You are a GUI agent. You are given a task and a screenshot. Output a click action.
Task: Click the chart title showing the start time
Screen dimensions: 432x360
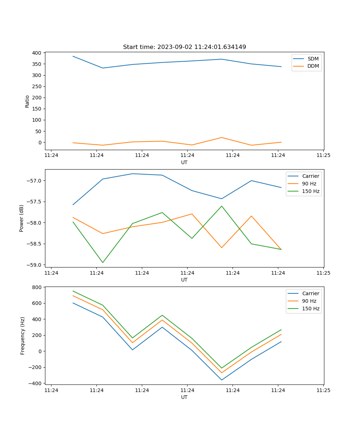point(184,47)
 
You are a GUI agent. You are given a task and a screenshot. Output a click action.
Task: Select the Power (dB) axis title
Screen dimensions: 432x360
point(22,218)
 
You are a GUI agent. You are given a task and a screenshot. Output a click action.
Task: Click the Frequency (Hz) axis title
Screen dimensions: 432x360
point(22,336)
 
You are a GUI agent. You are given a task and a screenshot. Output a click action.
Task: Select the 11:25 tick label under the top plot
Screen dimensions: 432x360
point(323,156)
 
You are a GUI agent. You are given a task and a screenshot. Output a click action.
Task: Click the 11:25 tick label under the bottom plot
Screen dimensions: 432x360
point(323,390)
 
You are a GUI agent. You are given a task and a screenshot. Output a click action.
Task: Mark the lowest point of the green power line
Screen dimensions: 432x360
point(103,262)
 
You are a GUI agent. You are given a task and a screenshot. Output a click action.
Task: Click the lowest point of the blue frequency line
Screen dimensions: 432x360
point(222,380)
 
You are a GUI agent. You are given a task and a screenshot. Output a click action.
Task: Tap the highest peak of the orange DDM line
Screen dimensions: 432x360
point(222,138)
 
